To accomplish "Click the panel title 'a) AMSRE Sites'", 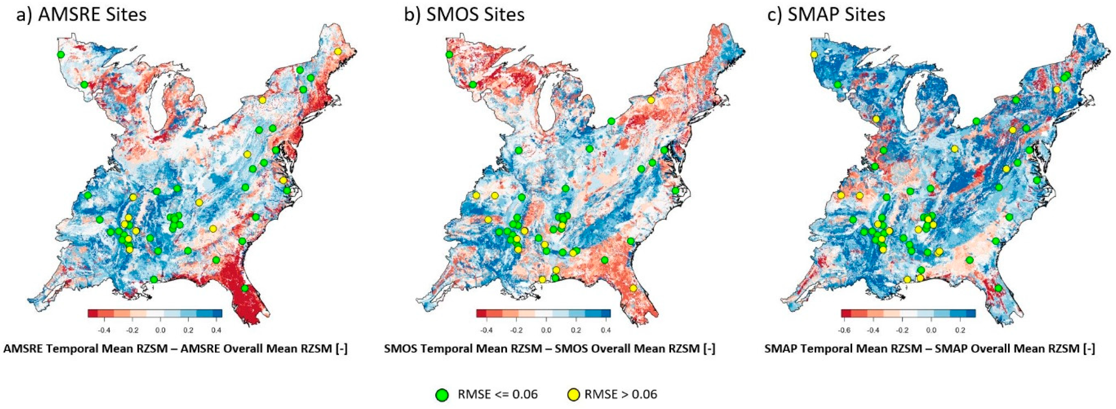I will (81, 15).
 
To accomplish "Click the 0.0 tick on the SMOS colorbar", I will (546, 330).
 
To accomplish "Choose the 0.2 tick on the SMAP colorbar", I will (960, 330).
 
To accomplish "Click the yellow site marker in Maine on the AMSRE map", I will (338, 64).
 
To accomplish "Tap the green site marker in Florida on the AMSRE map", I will (245, 288).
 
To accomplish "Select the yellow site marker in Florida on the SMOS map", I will (633, 288).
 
